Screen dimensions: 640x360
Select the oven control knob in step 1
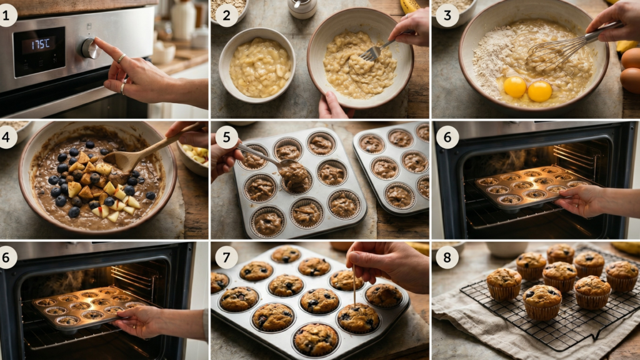[x=89, y=48]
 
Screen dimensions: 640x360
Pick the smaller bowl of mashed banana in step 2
[x=257, y=64]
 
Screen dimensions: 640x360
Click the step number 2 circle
[x=226, y=15]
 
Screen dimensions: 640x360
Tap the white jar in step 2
[x=302, y=9]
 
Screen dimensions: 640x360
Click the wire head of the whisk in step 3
[x=547, y=56]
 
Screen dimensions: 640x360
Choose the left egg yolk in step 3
[x=515, y=86]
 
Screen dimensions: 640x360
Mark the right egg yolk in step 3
[x=539, y=91]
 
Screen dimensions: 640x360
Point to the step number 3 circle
[x=447, y=15]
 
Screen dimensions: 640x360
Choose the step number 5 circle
[x=226, y=136]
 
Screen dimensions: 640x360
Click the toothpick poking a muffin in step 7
[x=354, y=285]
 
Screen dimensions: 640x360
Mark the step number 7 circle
[x=226, y=257]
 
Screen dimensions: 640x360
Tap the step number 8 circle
[x=447, y=257]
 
